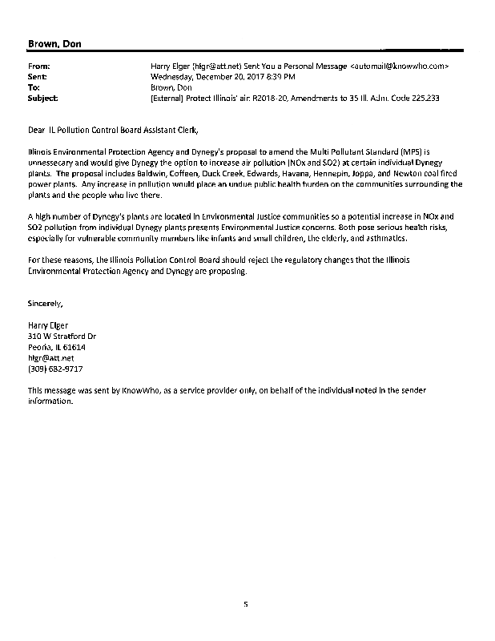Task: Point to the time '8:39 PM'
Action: click(281, 76)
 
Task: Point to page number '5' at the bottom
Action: click(247, 606)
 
